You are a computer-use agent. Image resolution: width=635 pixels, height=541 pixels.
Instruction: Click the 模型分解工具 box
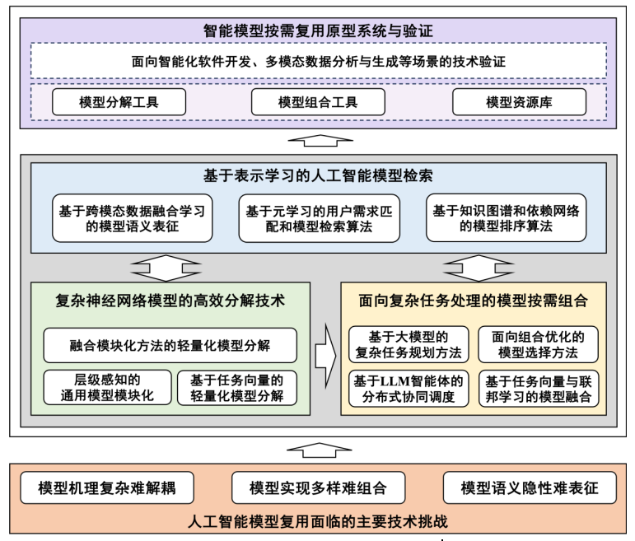(x=119, y=102)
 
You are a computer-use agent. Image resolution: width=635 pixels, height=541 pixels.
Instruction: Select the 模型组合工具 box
(x=318, y=102)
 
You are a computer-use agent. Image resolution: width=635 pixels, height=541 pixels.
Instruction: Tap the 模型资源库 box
(x=519, y=102)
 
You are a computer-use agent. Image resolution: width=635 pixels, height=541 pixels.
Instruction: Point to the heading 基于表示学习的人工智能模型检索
(x=318, y=176)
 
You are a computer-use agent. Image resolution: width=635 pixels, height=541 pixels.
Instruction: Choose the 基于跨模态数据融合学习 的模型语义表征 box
(x=132, y=217)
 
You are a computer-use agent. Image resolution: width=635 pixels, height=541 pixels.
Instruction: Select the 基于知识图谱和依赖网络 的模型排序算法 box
(x=507, y=217)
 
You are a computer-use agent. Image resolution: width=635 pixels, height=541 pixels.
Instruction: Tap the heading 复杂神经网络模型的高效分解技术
(x=170, y=301)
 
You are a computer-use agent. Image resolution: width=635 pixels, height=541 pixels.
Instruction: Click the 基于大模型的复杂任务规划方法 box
(x=408, y=344)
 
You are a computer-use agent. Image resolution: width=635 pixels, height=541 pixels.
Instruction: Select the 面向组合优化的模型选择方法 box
(x=538, y=344)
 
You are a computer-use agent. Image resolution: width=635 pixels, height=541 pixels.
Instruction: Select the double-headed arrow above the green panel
(x=165, y=267)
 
